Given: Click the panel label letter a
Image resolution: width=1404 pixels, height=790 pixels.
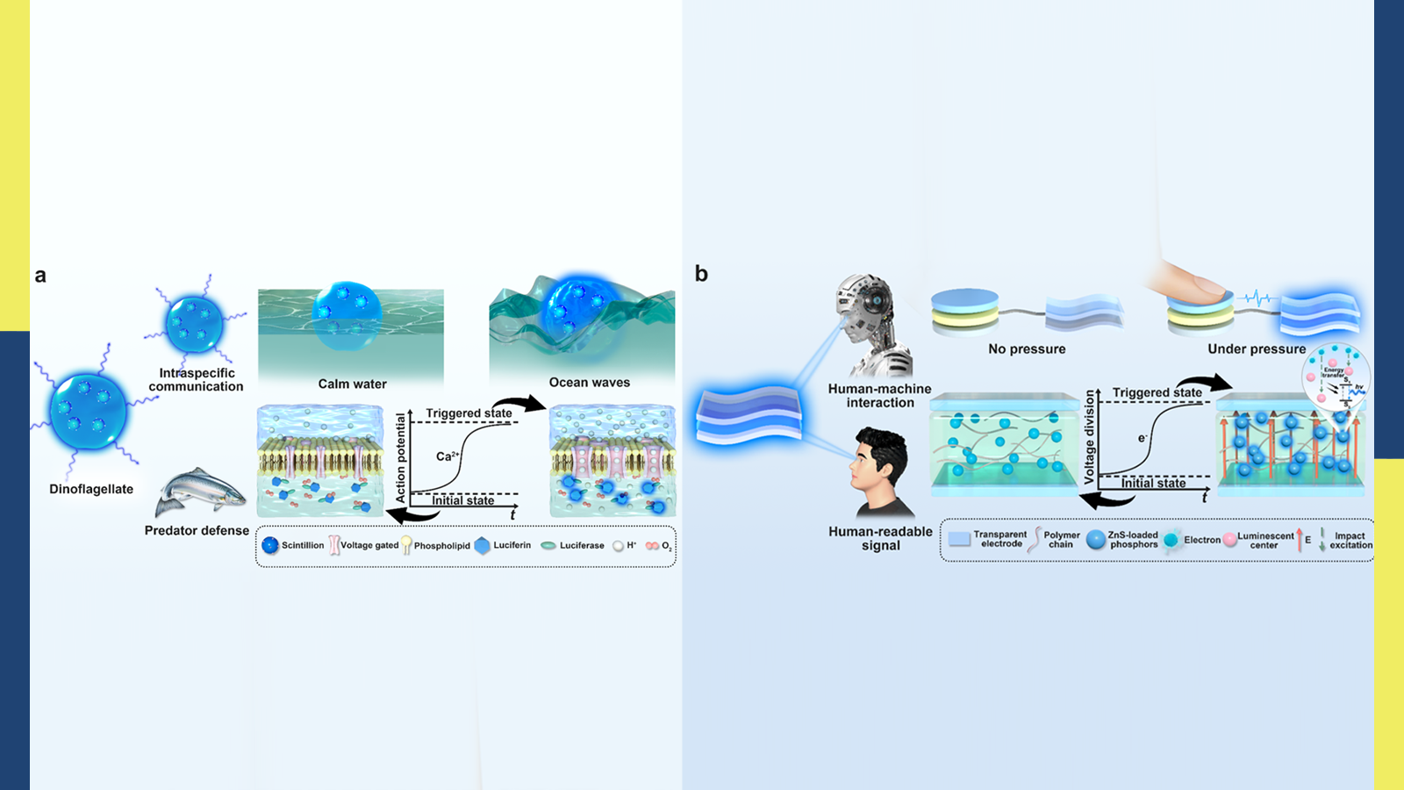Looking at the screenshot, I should (x=40, y=276).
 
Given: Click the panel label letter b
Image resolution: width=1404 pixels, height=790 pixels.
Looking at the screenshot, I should (x=701, y=274).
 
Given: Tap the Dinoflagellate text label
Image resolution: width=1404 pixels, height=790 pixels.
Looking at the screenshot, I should (x=91, y=489).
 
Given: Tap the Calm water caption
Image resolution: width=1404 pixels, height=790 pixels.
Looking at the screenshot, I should (x=352, y=384).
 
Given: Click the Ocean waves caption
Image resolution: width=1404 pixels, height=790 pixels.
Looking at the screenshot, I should (x=590, y=383).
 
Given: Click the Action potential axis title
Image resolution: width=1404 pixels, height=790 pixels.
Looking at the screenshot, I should (x=401, y=458).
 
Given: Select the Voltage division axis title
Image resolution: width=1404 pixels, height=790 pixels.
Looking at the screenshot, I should (x=1090, y=437).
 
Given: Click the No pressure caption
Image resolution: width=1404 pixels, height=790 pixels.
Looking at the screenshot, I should (x=1027, y=348).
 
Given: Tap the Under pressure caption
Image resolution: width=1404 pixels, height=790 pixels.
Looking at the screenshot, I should (x=1257, y=348).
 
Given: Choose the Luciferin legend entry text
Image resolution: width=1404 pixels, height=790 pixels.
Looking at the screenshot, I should (x=512, y=545).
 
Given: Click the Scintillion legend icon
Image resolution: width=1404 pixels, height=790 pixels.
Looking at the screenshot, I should (x=270, y=545).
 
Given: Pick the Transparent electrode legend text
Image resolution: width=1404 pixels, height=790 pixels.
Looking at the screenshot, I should (x=1000, y=539).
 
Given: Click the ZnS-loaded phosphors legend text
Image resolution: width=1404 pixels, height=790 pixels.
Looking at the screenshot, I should (x=1133, y=539).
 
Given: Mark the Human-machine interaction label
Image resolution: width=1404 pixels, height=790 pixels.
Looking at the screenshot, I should (x=880, y=395).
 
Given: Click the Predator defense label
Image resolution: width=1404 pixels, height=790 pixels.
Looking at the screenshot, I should (x=197, y=530).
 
